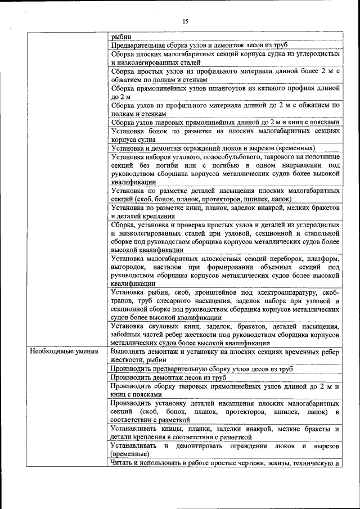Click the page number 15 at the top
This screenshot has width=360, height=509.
185,21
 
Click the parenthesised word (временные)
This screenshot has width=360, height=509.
130,454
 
